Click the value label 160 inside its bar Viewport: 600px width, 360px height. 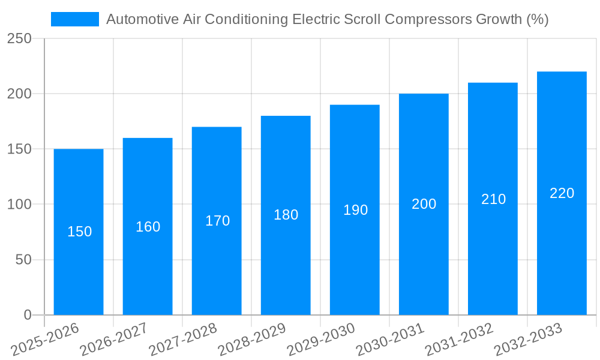(x=148, y=227)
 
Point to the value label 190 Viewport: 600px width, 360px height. (x=355, y=210)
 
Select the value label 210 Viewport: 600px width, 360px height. (x=493, y=199)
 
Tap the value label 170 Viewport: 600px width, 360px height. (x=217, y=221)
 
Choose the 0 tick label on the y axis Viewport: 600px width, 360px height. (x=27, y=315)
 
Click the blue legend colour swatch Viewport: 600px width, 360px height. (x=74, y=19)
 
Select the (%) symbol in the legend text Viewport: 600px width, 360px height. (x=536, y=19)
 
